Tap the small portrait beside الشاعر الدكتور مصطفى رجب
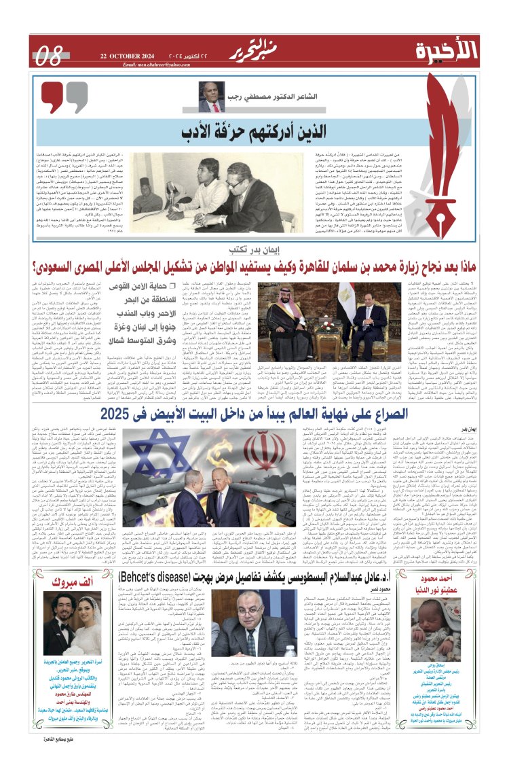[x=211, y=97]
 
